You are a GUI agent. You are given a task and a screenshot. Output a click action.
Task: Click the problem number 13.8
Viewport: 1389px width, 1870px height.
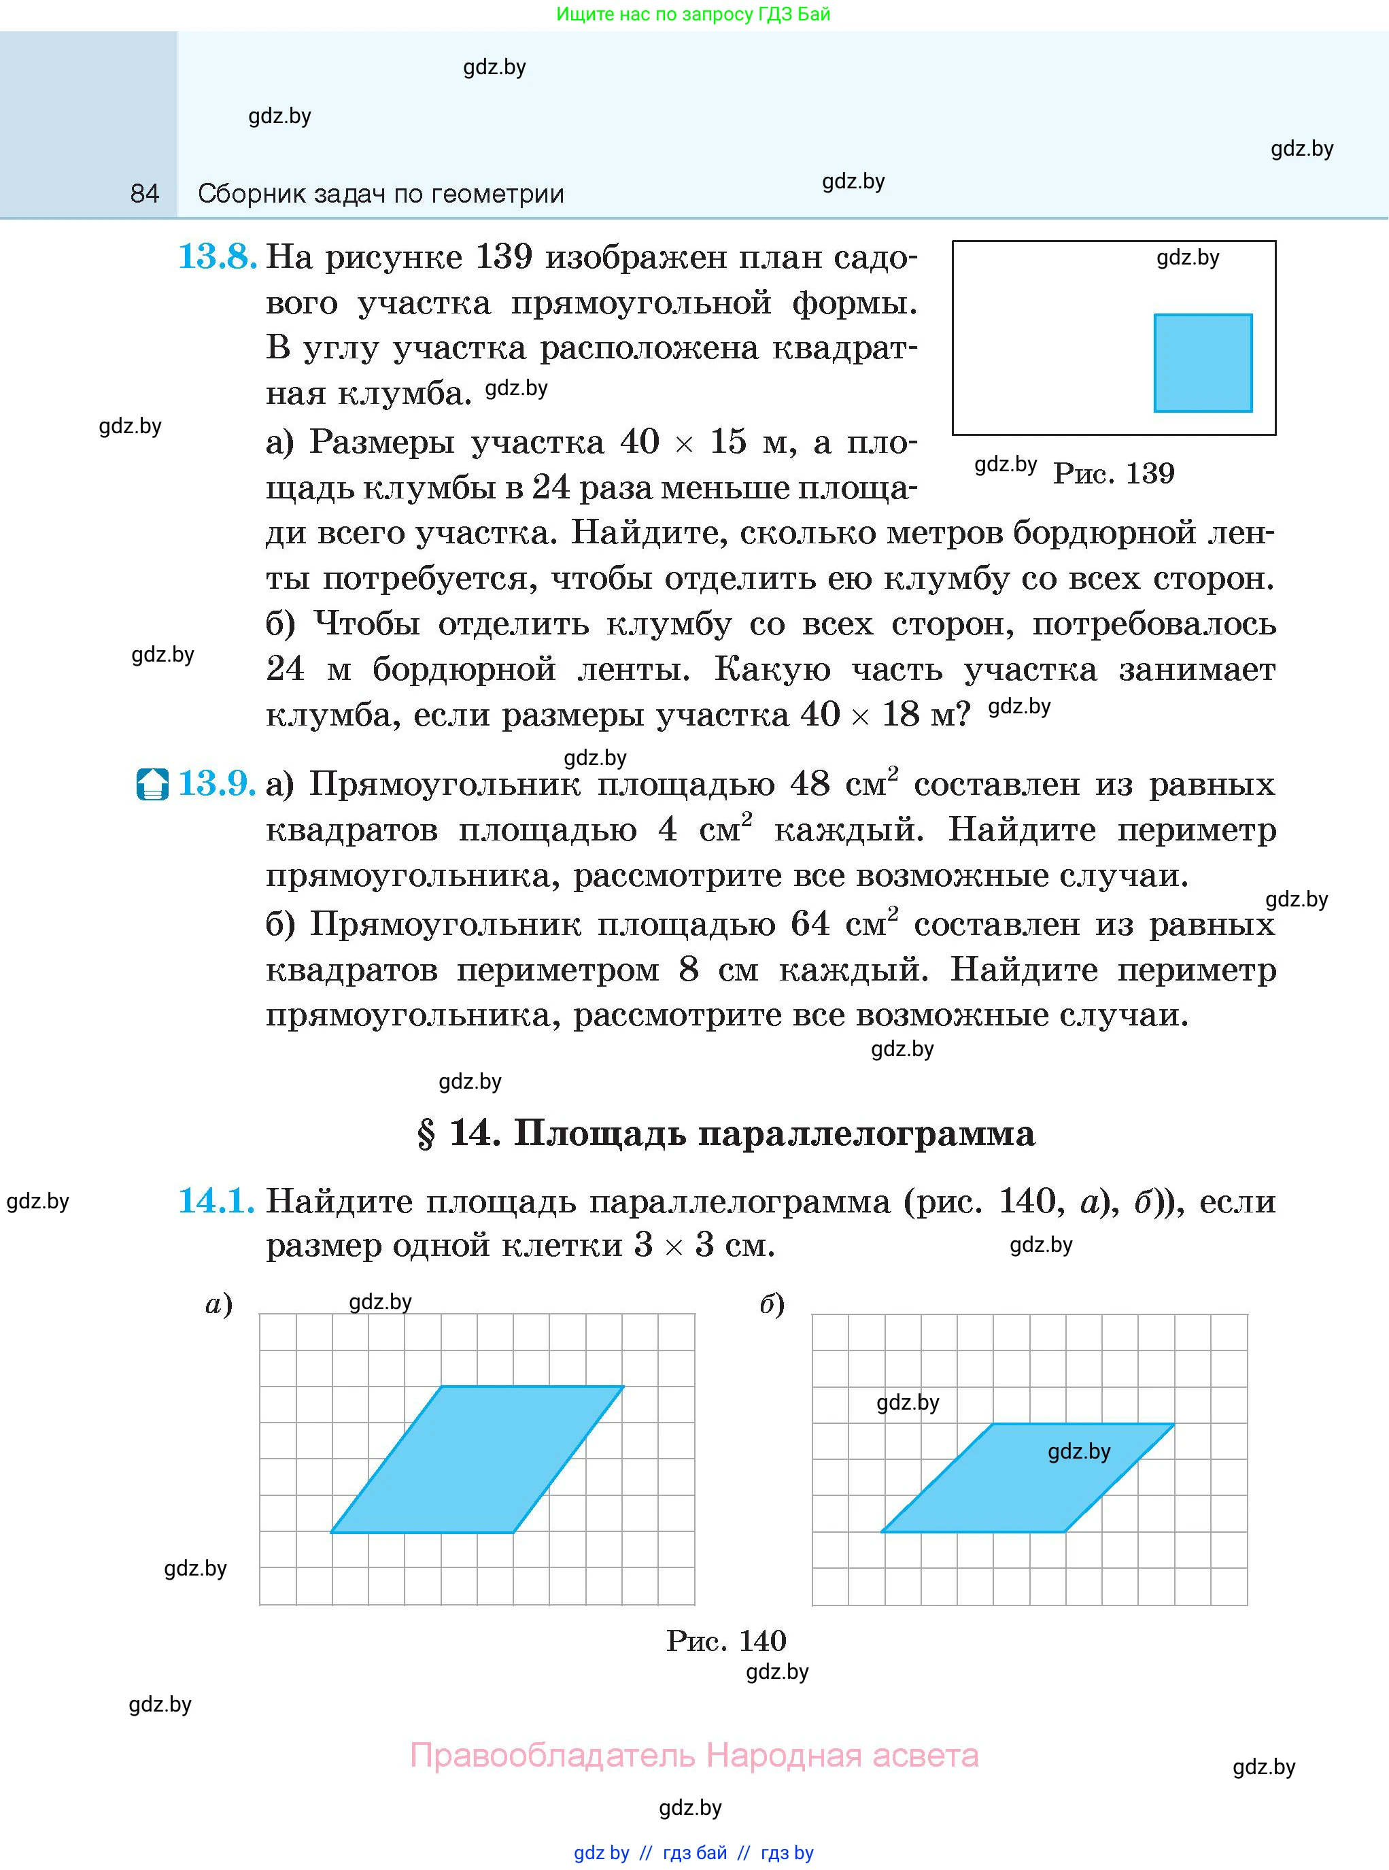[217, 256]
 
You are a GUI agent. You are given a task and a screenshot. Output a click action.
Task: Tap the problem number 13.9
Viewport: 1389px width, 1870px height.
[217, 783]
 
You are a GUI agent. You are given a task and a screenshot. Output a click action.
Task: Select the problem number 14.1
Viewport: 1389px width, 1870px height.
[216, 1201]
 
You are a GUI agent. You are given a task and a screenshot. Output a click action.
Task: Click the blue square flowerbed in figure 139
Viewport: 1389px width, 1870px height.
[1202, 363]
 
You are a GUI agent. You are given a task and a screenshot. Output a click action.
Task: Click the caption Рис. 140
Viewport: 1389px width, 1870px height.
[725, 1640]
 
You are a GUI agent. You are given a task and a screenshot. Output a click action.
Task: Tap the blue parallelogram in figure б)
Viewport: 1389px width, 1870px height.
[1027, 1478]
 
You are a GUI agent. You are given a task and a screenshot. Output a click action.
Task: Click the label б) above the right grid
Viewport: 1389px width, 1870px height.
[772, 1304]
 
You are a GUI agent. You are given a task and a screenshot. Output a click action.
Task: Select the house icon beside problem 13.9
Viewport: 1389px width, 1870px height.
[152, 785]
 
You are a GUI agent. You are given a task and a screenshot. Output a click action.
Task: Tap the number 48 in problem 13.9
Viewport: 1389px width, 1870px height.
[810, 783]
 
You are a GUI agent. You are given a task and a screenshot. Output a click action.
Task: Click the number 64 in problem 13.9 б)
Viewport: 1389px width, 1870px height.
[810, 924]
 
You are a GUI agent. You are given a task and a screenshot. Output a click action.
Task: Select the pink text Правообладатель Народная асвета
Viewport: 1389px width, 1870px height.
[693, 1756]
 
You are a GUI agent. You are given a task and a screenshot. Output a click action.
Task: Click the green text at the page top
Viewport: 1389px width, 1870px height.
[693, 14]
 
